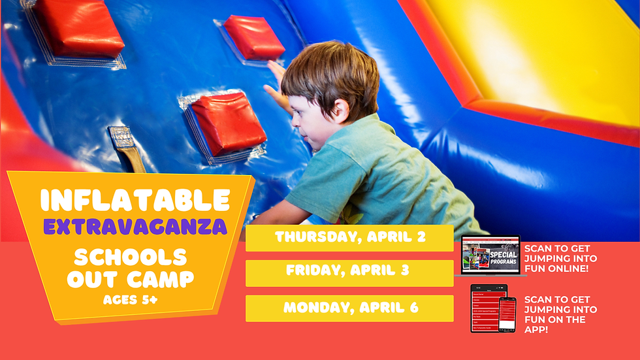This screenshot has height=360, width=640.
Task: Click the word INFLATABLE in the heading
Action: [x=135, y=200]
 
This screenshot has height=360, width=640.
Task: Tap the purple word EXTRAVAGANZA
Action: [x=135, y=227]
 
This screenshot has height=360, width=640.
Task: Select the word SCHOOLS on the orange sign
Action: [x=131, y=256]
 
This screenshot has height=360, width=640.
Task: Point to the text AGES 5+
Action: [x=131, y=300]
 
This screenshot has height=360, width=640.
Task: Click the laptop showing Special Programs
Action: [x=490, y=255]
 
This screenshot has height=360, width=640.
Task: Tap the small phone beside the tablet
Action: [x=507, y=314]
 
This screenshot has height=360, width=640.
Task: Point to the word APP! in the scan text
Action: [x=536, y=329]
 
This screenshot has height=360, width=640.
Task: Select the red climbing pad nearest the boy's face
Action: [x=228, y=123]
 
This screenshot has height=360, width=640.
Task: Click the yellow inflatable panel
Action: [x=542, y=52]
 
